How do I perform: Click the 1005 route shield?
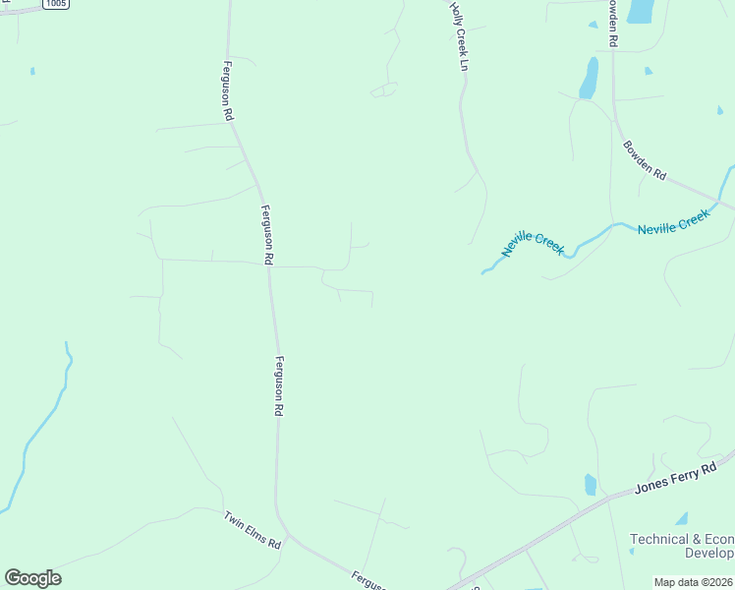[56, 4]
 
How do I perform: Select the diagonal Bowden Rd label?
[645, 160]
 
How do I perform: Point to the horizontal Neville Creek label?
[672, 222]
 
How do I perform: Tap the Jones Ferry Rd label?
[676, 480]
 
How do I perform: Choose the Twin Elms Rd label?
[252, 530]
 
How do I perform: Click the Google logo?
[32, 577]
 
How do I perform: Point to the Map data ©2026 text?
[693, 582]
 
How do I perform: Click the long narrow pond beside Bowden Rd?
[589, 78]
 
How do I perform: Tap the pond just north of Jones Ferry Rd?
[590, 485]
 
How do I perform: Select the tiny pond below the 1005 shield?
[32, 71]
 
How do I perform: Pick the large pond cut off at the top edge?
[641, 11]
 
